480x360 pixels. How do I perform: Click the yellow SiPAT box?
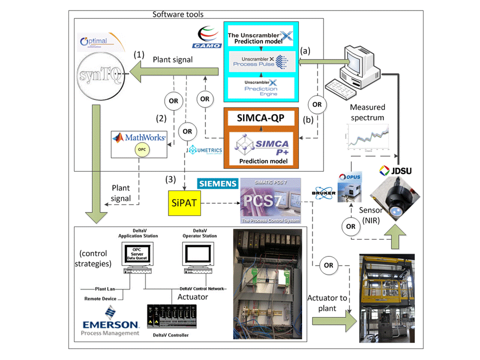tap(183, 203)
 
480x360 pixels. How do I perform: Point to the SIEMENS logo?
tap(217, 184)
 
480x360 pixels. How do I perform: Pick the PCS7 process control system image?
tap(270, 201)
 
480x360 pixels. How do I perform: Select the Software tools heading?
tap(177, 14)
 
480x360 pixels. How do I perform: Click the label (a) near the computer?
tap(306, 51)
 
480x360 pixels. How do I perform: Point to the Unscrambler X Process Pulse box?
tap(261, 62)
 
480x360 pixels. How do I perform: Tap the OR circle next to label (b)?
tap(316, 105)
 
